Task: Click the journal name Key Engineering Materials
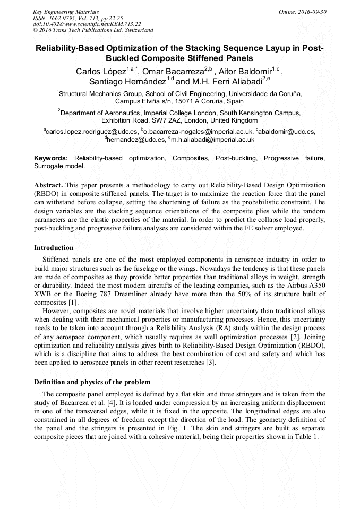pos(66,11)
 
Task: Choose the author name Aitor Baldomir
pos(245,72)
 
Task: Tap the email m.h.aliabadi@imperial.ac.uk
pos(205,140)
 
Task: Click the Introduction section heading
pos(54,248)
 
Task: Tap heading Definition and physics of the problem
pos(92,382)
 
